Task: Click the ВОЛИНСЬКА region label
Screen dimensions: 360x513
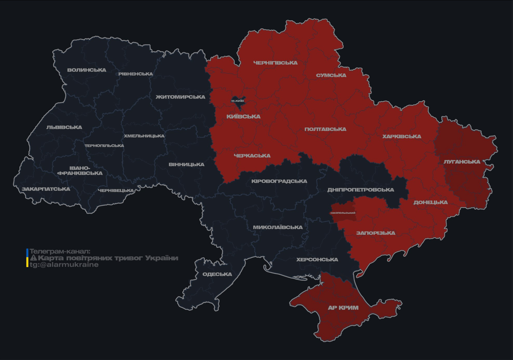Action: (x=87, y=70)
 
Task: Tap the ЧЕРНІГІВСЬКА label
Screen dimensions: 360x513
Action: (x=275, y=63)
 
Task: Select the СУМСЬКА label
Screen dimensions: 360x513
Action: (x=331, y=75)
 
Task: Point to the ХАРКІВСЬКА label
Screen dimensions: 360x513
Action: (x=401, y=137)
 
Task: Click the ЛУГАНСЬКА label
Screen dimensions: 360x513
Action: (x=462, y=162)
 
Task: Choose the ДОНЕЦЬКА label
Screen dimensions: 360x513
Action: (x=430, y=202)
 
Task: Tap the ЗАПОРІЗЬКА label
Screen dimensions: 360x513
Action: (x=376, y=233)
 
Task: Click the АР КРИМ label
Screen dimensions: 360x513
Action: (x=343, y=308)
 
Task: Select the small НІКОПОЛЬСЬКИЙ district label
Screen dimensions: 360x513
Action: (x=343, y=213)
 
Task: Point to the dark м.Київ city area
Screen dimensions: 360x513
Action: (x=238, y=100)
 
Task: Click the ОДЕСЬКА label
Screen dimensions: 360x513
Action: (x=217, y=274)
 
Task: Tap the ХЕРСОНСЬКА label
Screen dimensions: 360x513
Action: (x=317, y=260)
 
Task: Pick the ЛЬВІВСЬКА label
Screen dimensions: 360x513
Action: (x=64, y=127)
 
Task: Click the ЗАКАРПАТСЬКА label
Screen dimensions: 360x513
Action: (x=46, y=189)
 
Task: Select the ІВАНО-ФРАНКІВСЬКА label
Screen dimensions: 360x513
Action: (x=80, y=171)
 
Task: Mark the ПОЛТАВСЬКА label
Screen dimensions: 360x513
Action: (x=325, y=129)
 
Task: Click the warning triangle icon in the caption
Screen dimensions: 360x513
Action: (x=33, y=258)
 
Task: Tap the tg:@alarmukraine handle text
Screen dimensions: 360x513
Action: (x=64, y=265)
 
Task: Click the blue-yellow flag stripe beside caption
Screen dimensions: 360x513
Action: (x=27, y=258)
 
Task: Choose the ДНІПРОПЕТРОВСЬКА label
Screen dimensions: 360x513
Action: (x=361, y=190)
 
